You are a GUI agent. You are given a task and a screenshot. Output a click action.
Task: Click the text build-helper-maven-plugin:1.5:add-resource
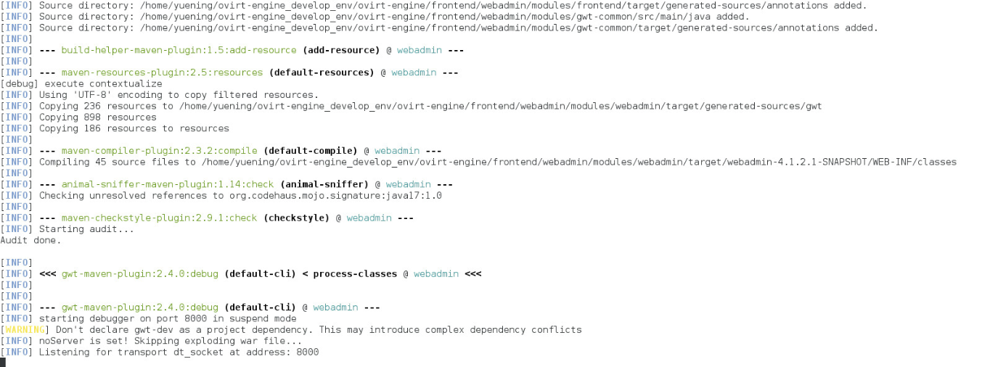(179, 50)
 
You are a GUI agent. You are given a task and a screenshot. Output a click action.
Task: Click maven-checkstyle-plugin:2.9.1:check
(159, 218)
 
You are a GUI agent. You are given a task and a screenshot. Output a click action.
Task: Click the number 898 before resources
(92, 117)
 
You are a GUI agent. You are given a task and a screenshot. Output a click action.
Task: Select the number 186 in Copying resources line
(92, 128)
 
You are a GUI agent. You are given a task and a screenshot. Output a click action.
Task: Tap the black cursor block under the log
(4, 362)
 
